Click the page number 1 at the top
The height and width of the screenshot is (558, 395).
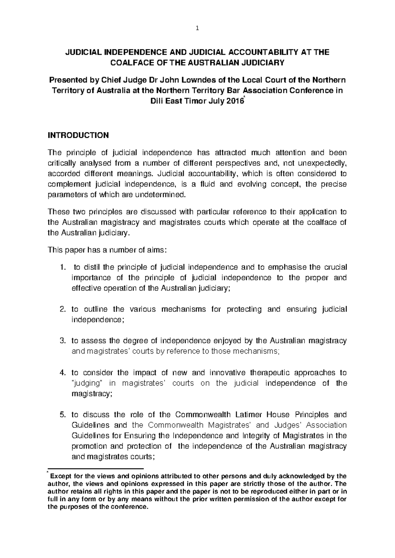tap(197, 29)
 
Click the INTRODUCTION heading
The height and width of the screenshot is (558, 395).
tap(78, 136)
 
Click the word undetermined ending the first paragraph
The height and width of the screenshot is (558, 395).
tap(160, 195)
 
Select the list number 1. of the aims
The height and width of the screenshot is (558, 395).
tap(63, 267)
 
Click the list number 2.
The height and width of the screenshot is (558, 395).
tap(63, 309)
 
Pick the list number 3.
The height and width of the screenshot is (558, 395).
tap(63, 341)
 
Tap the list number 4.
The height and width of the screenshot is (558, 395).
tap(63, 372)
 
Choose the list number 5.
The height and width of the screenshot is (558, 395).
tap(63, 415)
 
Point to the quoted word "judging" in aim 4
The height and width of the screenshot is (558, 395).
tap(88, 383)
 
